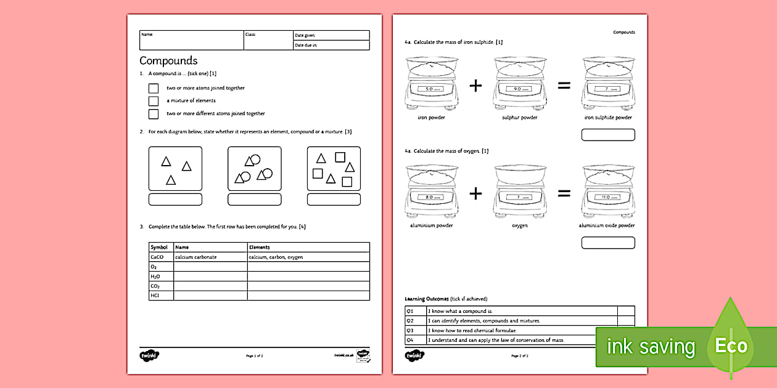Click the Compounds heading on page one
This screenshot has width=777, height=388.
pos(168,60)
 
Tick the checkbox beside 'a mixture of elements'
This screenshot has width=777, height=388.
pos(154,100)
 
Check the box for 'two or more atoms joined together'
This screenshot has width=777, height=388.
pos(154,88)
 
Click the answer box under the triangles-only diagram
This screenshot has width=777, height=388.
pos(175,200)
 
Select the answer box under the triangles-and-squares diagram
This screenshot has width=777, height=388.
pos(334,200)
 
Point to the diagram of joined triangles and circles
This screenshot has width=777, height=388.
pos(254,169)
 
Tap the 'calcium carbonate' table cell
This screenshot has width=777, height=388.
pos(196,257)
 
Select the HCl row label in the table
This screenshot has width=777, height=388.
pos(155,296)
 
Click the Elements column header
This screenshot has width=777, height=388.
pos(260,247)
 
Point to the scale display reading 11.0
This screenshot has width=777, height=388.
pos(607,197)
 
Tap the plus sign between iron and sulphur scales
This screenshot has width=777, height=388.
pos(475,86)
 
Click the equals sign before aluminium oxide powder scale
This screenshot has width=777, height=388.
pos(564,193)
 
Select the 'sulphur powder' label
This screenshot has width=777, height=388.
pos(520,118)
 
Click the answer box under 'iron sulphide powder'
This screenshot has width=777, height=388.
pos(607,135)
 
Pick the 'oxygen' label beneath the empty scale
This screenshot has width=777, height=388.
pos(520,225)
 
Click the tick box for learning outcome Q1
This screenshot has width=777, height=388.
pos(626,311)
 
